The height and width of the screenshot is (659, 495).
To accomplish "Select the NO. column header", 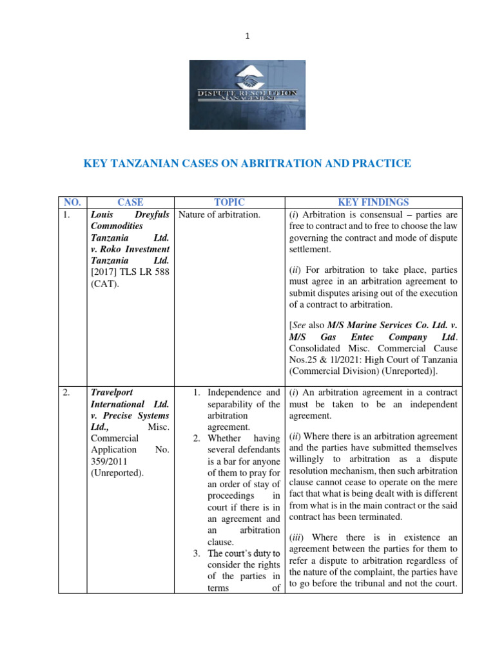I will (72, 202).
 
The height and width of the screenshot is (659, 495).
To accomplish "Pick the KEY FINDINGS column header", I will (373, 202).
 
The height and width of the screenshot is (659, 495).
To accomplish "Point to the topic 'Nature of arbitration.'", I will (219, 215).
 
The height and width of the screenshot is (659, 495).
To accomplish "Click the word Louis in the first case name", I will (104, 215).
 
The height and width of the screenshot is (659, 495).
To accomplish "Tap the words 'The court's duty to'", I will (244, 553).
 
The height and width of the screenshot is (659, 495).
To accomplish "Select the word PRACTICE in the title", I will (382, 164).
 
